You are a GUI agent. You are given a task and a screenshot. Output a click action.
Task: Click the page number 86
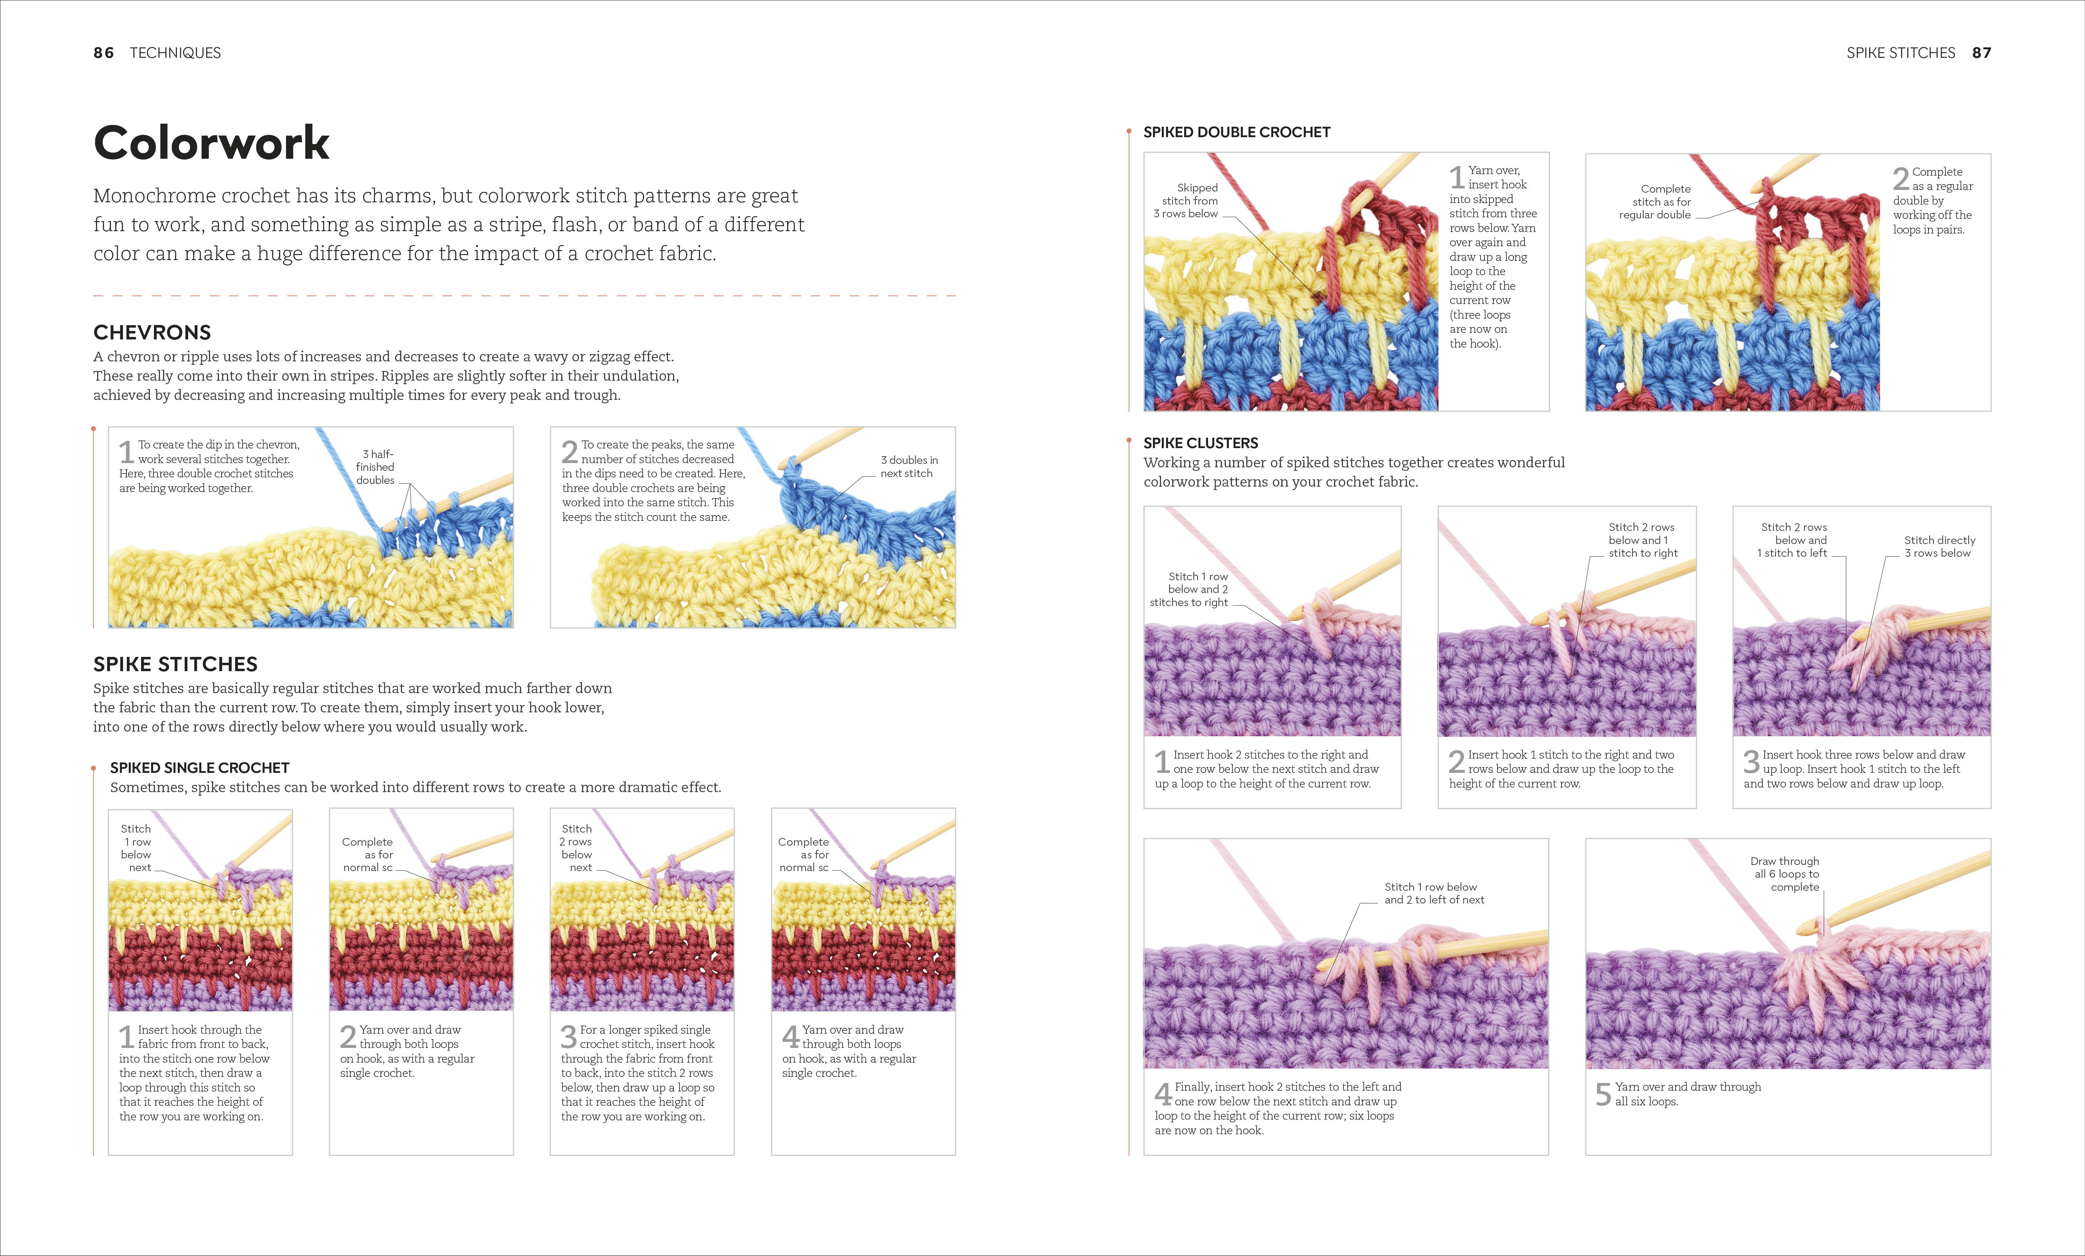(x=103, y=52)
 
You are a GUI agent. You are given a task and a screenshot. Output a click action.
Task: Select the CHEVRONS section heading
(x=152, y=332)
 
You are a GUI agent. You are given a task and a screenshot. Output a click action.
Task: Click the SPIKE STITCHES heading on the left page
(x=175, y=664)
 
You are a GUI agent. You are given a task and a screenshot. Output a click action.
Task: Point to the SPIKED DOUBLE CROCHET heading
(x=1236, y=132)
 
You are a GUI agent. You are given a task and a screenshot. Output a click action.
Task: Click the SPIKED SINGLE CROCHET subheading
(x=200, y=768)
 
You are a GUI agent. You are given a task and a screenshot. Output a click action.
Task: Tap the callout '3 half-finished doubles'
(x=375, y=467)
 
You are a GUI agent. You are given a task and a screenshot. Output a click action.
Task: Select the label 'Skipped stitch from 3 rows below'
(x=1186, y=200)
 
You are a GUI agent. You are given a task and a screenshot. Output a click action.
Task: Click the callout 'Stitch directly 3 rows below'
(x=1939, y=546)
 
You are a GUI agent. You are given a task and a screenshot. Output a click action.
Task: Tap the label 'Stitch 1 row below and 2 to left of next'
(x=1434, y=893)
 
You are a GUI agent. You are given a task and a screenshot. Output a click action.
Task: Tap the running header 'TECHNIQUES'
(x=175, y=52)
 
